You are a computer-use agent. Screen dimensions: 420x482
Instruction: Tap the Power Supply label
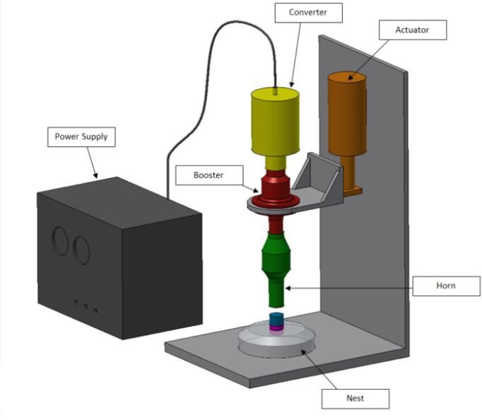pos(81,136)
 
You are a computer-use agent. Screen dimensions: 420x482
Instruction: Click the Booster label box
pos(208,174)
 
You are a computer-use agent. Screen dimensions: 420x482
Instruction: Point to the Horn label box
pos(446,286)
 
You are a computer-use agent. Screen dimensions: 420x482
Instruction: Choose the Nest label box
pos(355,398)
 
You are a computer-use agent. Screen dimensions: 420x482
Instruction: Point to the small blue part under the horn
pos(276,319)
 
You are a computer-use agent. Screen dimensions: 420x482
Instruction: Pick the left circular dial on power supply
pos(61,241)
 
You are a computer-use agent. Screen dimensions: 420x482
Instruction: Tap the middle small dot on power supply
pos(86,306)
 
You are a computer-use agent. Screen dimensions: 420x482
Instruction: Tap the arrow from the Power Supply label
pos(91,163)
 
